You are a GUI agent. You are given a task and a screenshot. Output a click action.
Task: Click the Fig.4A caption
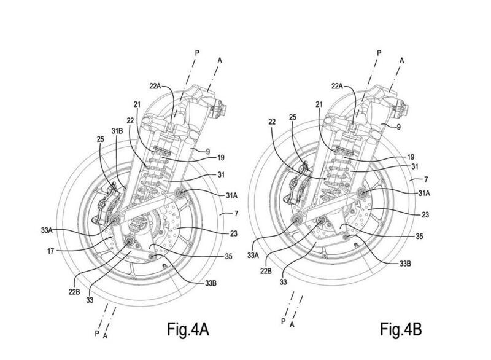coord(188,329)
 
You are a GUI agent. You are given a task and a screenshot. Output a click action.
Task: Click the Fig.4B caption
coord(401,329)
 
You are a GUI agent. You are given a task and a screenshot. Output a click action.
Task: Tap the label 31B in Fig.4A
coord(117,131)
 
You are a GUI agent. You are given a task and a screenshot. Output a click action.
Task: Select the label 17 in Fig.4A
coord(51,251)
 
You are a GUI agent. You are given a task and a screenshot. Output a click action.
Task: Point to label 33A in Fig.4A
coord(47,230)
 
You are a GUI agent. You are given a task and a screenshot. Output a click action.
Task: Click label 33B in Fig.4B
coord(404,264)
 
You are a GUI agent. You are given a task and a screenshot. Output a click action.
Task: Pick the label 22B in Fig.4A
coord(74,292)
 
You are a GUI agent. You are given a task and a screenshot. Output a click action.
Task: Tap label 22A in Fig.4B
coord(337,85)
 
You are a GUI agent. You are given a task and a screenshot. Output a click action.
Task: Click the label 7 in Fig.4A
coord(236,214)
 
